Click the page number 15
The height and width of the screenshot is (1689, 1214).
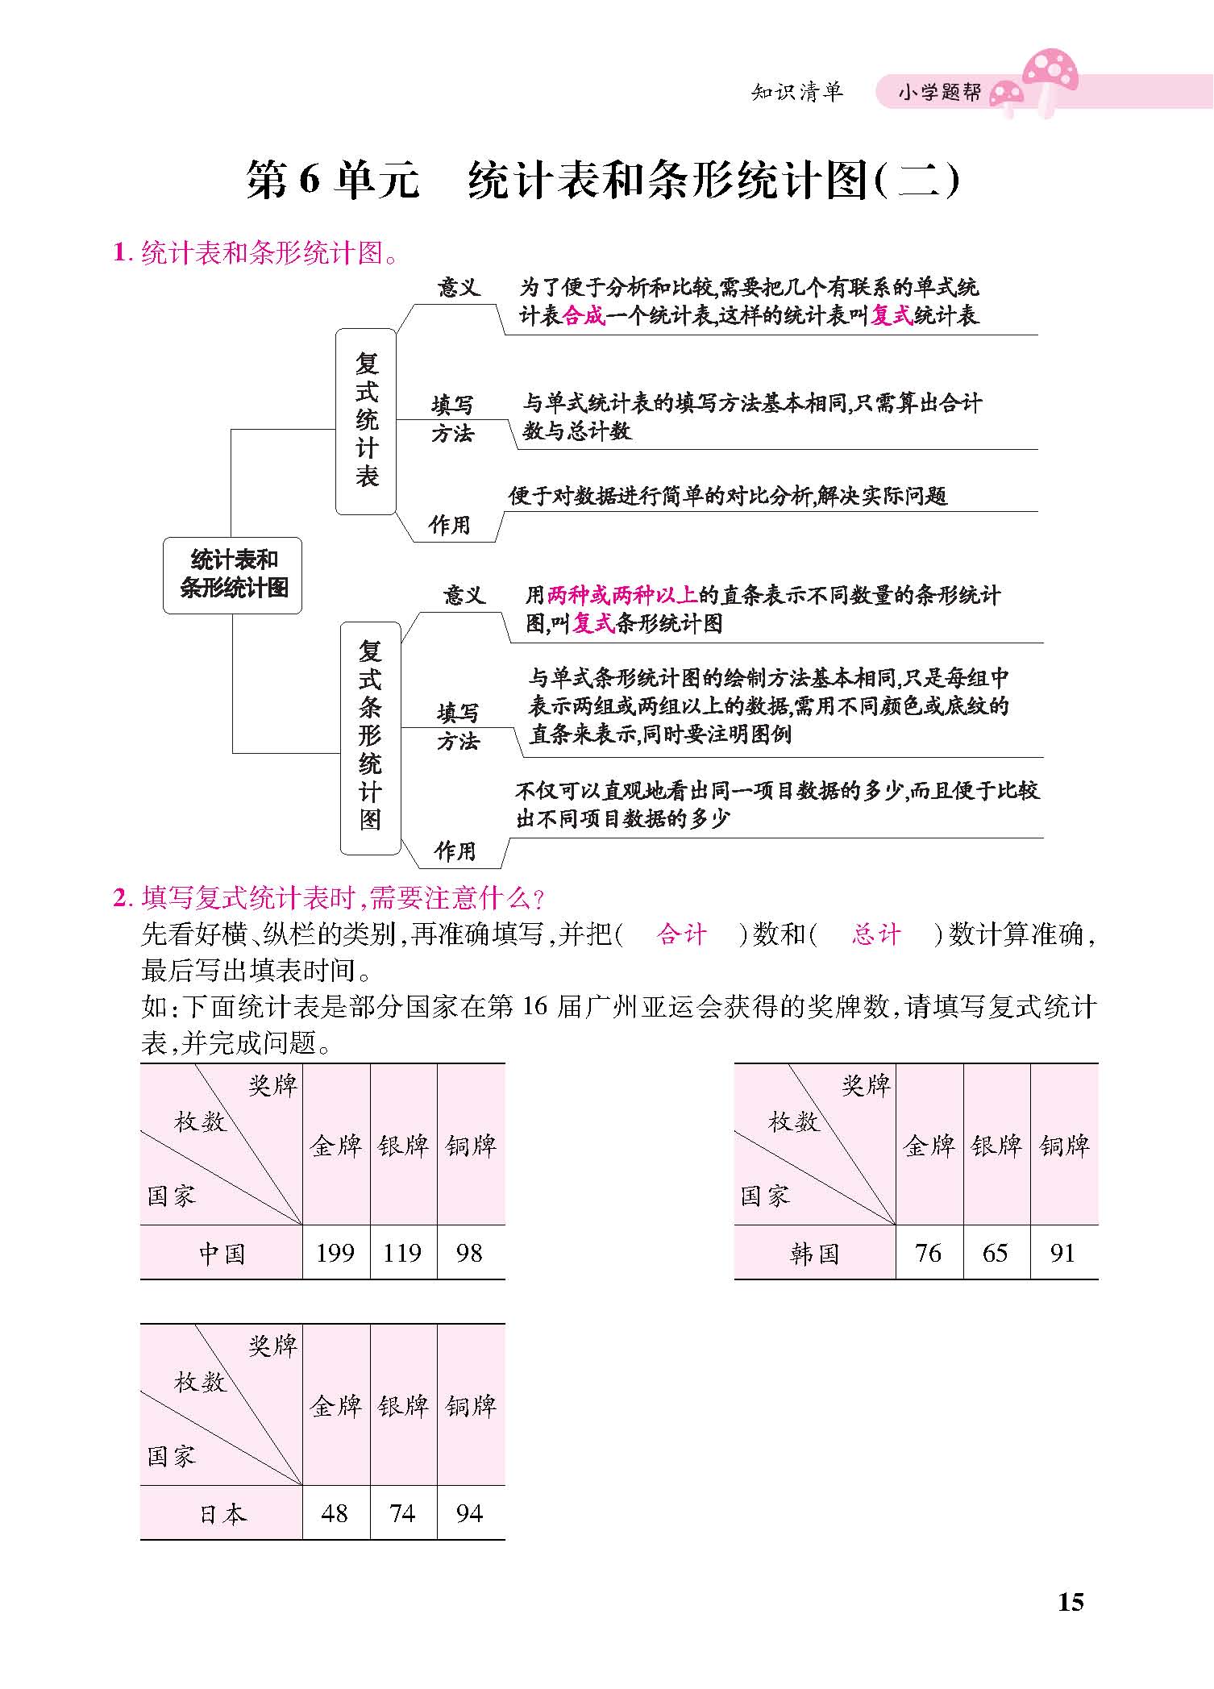click(x=1071, y=1601)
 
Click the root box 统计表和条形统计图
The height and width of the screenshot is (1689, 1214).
click(x=232, y=575)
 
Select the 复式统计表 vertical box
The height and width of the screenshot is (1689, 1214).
click(x=366, y=421)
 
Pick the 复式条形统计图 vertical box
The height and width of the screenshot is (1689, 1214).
click(x=370, y=738)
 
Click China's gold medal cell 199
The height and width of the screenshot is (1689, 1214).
click(x=335, y=1252)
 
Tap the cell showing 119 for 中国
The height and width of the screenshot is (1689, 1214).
click(x=403, y=1252)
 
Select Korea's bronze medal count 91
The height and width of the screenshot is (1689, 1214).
click(x=1063, y=1252)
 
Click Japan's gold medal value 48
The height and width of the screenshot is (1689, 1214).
click(x=335, y=1512)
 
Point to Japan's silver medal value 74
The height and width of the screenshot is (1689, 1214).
click(x=402, y=1512)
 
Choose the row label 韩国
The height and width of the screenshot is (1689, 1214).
click(x=814, y=1254)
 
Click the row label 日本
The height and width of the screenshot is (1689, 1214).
click(x=222, y=1514)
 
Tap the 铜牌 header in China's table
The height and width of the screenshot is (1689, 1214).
click(x=471, y=1145)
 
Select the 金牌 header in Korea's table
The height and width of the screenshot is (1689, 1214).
click(x=929, y=1145)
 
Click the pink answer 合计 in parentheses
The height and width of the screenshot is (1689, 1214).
click(x=682, y=934)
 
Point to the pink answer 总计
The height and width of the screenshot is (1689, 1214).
click(x=876, y=934)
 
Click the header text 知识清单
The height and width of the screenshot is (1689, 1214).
click(x=797, y=92)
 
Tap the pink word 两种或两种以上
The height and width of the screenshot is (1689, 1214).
click(x=622, y=595)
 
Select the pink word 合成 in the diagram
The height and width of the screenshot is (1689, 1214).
click(x=584, y=315)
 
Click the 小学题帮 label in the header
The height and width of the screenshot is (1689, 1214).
click(x=940, y=93)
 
